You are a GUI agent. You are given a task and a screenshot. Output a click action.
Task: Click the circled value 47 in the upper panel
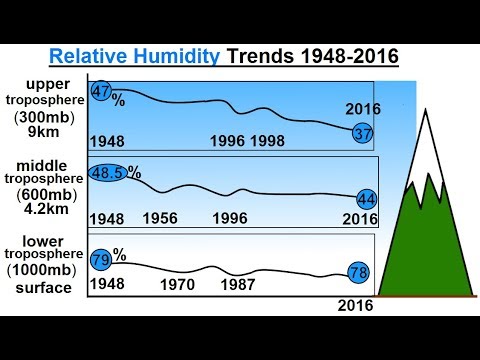pyautogui.click(x=101, y=91)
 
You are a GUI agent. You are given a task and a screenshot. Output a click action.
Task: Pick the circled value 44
pyautogui.click(x=366, y=199)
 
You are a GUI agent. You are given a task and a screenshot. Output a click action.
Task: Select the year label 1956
pyautogui.click(x=160, y=218)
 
